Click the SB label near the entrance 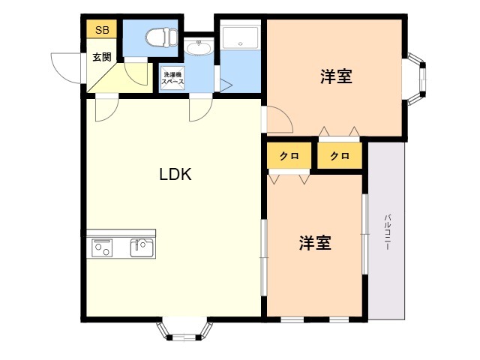[100, 31]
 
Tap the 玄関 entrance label [102, 56]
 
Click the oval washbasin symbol [199, 48]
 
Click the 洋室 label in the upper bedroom [336, 76]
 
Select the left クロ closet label [289, 156]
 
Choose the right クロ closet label [339, 156]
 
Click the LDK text [176, 175]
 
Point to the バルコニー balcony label [387, 232]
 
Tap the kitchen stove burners [101, 247]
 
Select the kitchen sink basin [142, 247]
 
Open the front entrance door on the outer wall [66, 67]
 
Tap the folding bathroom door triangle [223, 82]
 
